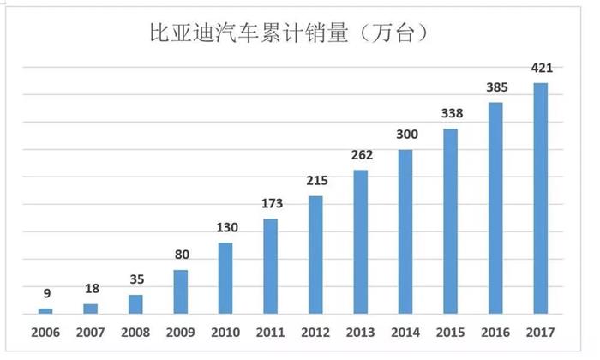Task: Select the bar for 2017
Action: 540,198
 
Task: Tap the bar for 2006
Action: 45,310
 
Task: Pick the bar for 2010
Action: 225,278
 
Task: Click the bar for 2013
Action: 361,242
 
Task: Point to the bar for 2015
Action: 451,221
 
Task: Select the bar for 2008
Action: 135,304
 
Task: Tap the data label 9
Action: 46,293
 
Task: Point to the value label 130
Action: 225,227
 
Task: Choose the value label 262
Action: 361,155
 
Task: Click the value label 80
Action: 181,255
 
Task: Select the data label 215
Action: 315,181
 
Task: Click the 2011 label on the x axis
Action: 270,332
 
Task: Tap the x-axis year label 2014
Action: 405,332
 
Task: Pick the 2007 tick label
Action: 90,332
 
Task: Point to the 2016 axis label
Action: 495,332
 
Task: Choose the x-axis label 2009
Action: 180,332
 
